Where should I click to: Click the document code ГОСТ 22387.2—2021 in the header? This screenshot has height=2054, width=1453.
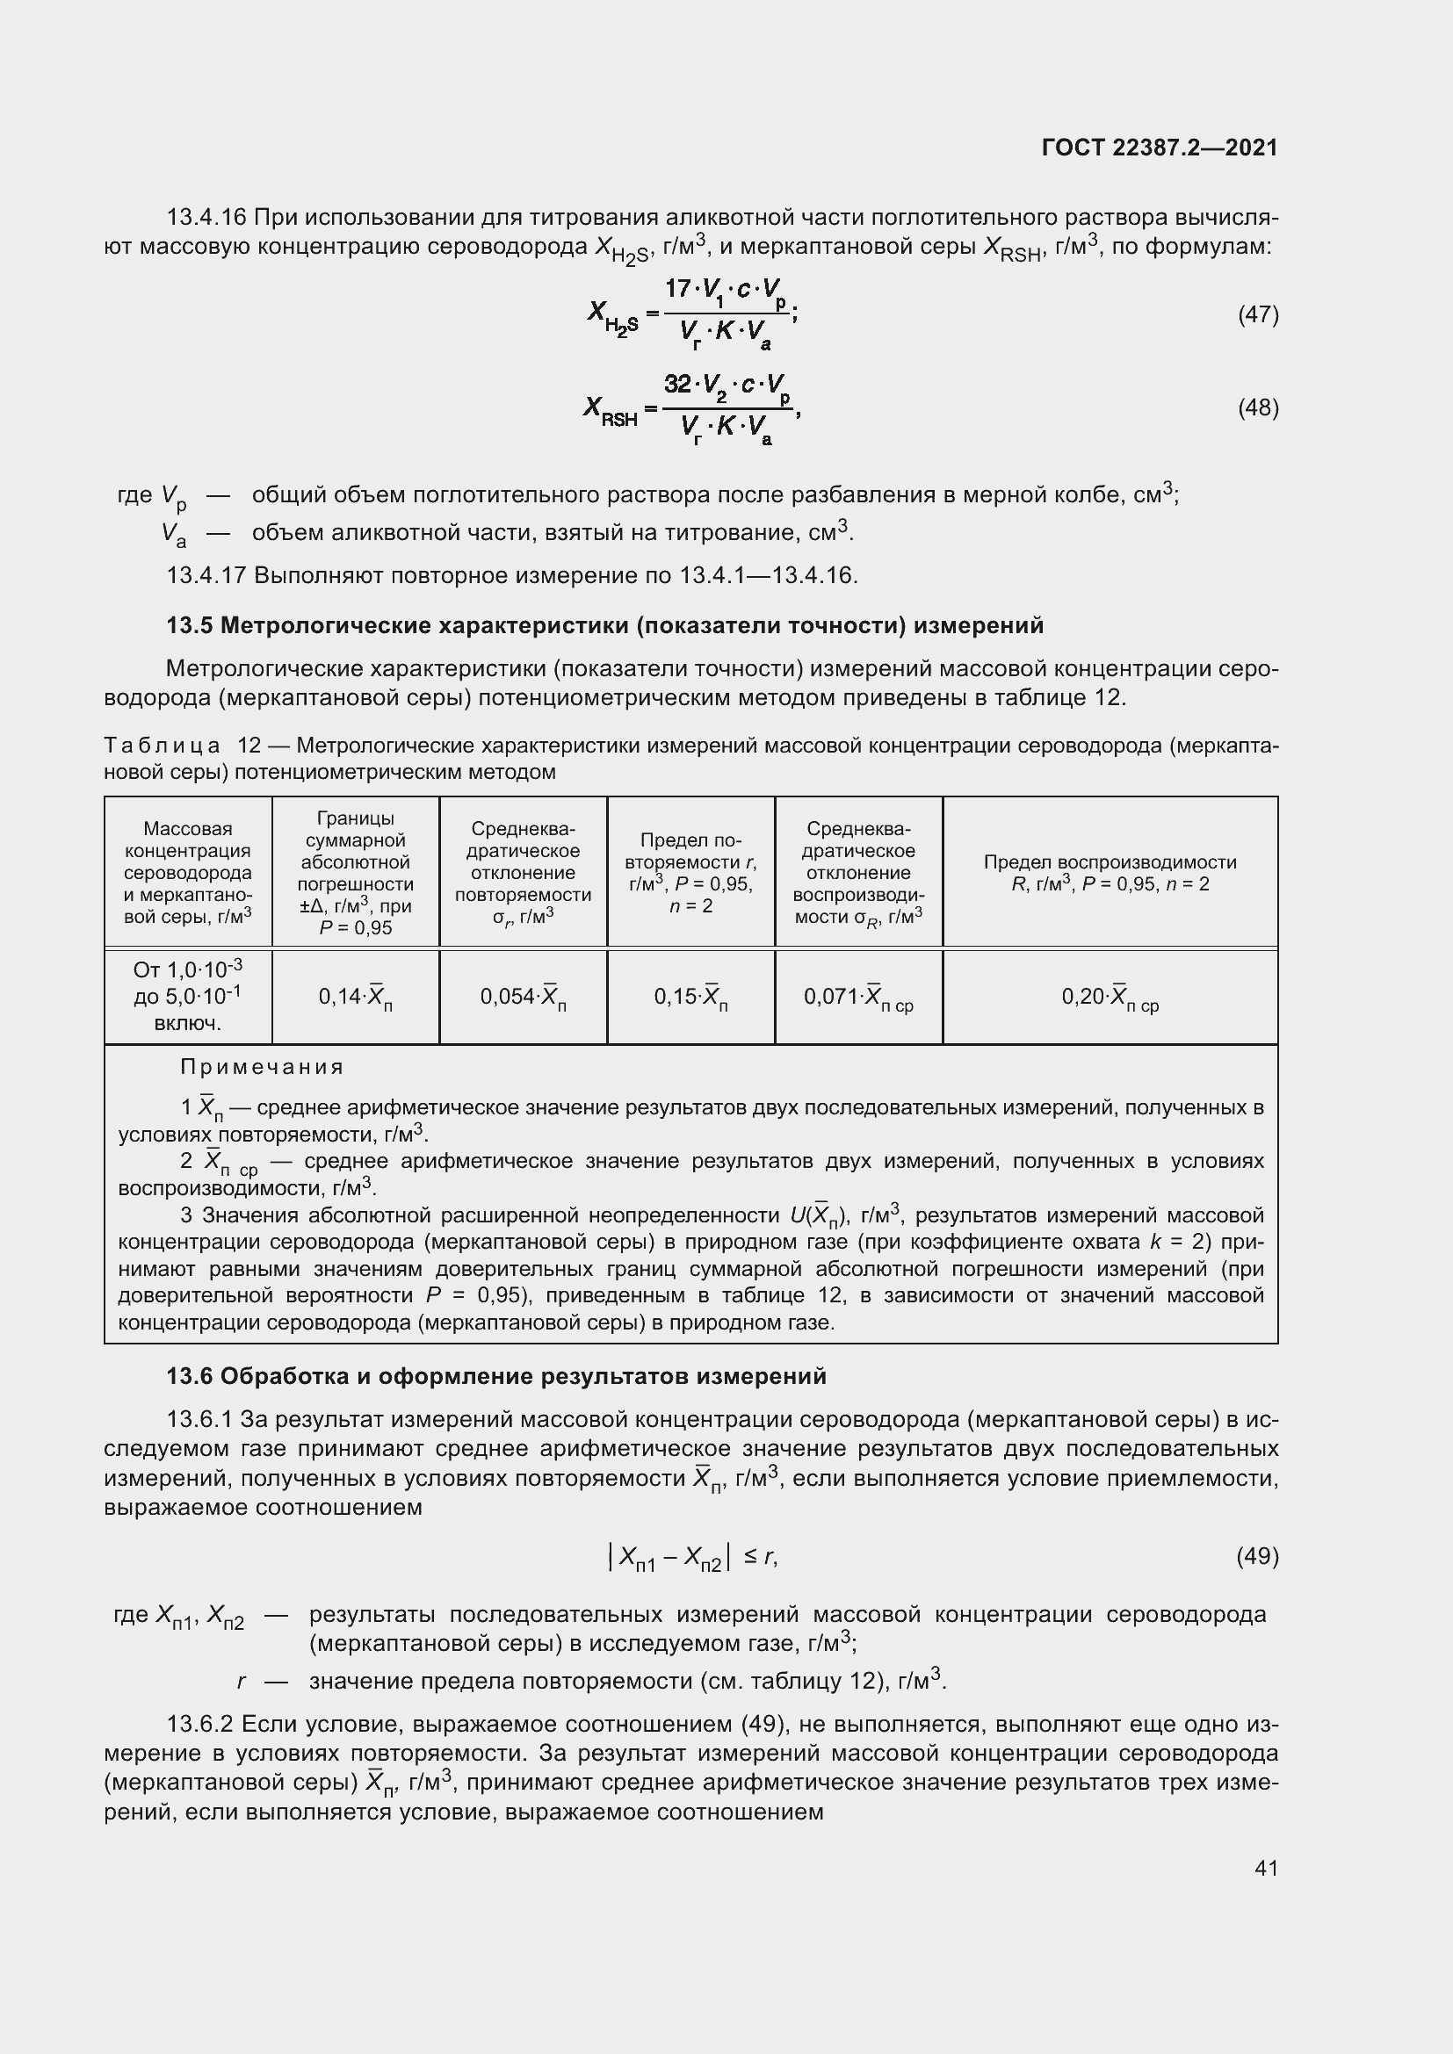[x=1160, y=148]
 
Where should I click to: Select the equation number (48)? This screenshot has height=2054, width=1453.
[x=1257, y=408]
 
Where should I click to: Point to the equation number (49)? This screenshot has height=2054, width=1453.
[x=1257, y=1558]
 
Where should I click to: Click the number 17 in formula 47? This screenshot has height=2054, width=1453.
[x=677, y=288]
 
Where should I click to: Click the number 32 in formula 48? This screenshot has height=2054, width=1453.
[x=678, y=384]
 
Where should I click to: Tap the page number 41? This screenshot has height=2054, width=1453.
[x=1266, y=1868]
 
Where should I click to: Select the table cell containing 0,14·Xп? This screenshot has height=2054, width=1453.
[x=355, y=997]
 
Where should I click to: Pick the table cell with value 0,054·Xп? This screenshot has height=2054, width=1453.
[x=523, y=997]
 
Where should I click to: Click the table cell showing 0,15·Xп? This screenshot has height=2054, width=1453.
[x=690, y=997]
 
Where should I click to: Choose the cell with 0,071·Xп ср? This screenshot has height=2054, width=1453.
[x=858, y=997]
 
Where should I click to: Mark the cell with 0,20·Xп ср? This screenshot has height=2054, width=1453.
[x=1110, y=997]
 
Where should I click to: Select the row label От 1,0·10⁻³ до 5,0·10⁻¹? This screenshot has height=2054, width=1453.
[x=188, y=996]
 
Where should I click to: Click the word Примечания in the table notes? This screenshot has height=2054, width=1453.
[x=262, y=1067]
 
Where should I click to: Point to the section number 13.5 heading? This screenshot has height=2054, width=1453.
[x=189, y=625]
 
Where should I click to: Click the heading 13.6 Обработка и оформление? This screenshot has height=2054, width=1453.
[x=495, y=1377]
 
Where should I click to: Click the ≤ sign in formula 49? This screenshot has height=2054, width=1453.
[x=749, y=1558]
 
